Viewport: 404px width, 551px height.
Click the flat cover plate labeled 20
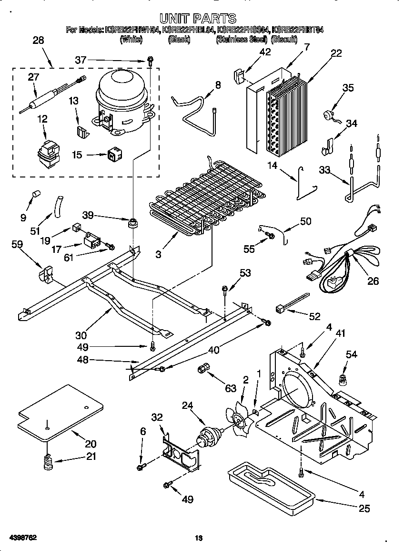tap(60, 413)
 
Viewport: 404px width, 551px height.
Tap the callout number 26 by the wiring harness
tap(373, 281)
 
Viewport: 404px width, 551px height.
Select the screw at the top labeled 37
tap(151, 61)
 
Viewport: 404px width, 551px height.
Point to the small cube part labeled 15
tap(114, 154)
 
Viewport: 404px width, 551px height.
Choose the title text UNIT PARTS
tap(197, 18)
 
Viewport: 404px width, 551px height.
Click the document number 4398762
tap(22, 538)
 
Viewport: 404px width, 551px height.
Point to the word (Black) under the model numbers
tap(179, 40)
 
